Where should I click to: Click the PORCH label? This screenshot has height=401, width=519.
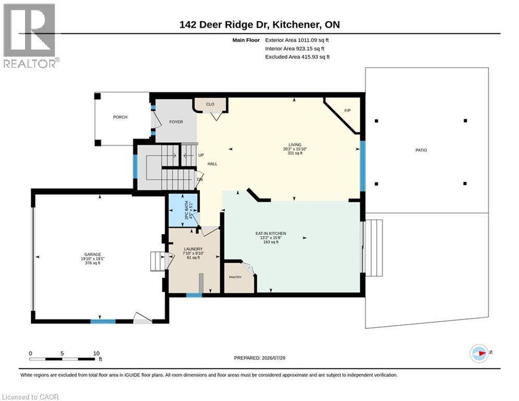coord(120,117)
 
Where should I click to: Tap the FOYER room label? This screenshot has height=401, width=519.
coord(176,122)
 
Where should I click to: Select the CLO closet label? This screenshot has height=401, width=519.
coord(210,104)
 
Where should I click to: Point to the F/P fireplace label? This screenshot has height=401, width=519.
coord(347,110)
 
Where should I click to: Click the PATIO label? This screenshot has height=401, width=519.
coord(421,150)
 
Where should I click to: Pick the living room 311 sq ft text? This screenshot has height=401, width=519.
coord(295,153)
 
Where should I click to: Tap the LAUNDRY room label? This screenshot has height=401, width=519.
coord(194,249)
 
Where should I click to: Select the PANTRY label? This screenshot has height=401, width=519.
coord(235,277)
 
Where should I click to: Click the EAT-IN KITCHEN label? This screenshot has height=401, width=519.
coord(271,233)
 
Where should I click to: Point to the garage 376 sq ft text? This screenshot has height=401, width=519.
coord(93,263)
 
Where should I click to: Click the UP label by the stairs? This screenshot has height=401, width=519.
coord(201,155)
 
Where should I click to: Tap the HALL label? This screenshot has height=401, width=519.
coord(212,164)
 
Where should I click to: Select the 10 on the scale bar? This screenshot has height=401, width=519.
coord(96,353)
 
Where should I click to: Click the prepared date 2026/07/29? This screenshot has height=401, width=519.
coord(273,358)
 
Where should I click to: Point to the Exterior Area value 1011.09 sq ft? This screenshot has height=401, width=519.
coord(313,40)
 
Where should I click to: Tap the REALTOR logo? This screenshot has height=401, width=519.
coord(31,36)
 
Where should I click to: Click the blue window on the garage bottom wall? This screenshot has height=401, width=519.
coord(103,321)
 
